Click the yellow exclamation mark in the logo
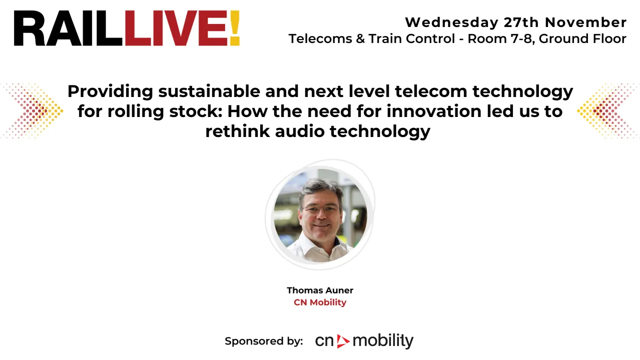click(x=235, y=28)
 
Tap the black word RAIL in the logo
click(x=68, y=28)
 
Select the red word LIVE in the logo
click(x=176, y=28)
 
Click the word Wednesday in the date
click(x=451, y=22)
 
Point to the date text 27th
click(x=521, y=22)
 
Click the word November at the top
click(x=585, y=22)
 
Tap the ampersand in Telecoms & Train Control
click(x=360, y=39)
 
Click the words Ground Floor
click(x=582, y=39)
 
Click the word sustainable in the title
click(x=209, y=91)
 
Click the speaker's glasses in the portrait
click(x=321, y=209)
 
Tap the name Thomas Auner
click(x=320, y=290)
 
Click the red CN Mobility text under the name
click(x=320, y=302)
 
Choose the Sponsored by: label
click(x=264, y=341)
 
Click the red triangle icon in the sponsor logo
click(x=343, y=341)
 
